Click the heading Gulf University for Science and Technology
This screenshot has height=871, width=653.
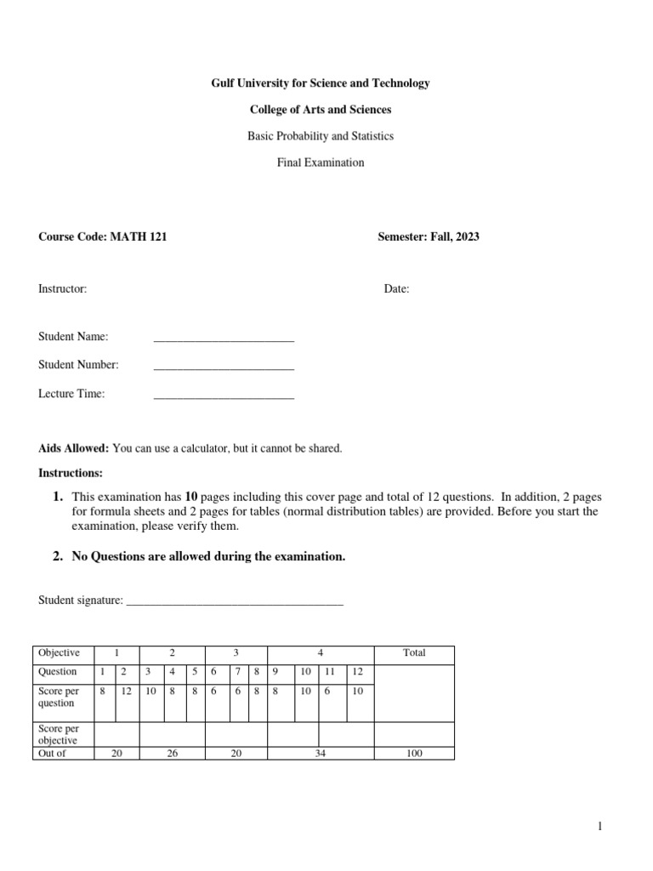tap(321, 83)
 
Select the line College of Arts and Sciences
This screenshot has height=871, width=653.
tap(321, 110)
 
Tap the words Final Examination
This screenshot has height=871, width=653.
tap(321, 162)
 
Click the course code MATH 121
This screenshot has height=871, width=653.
tap(139, 237)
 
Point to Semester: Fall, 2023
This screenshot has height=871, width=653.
tap(429, 237)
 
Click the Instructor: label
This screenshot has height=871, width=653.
tap(63, 289)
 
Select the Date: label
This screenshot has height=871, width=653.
tap(396, 289)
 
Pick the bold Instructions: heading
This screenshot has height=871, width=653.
tap(71, 472)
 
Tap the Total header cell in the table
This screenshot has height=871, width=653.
tap(414, 653)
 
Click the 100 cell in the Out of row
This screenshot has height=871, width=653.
tap(414, 754)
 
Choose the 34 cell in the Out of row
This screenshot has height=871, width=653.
tap(321, 754)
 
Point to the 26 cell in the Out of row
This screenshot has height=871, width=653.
tap(173, 754)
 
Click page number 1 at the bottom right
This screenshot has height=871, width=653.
tap(599, 826)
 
